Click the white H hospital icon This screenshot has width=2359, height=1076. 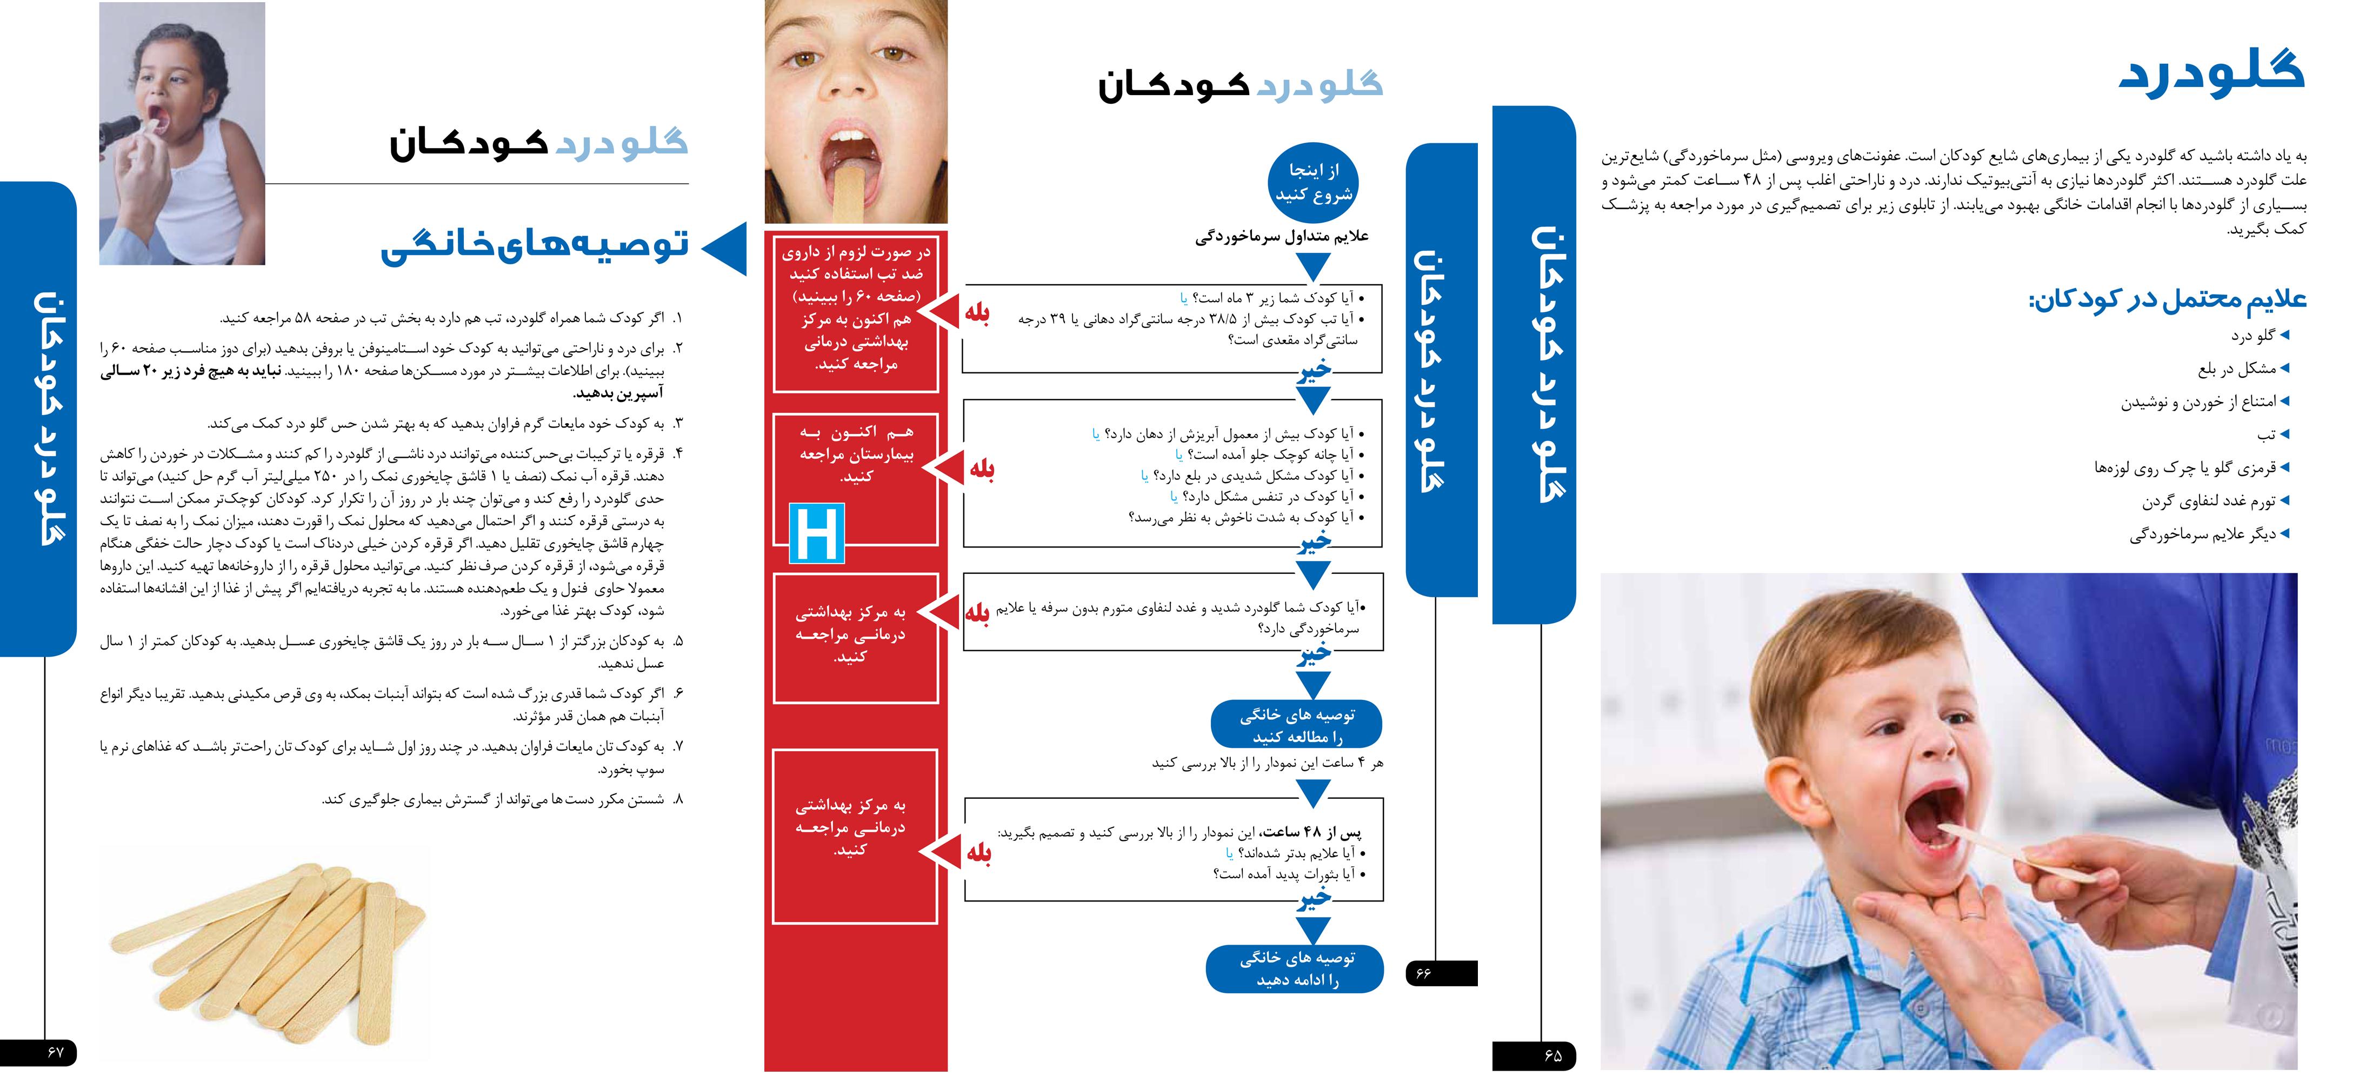[x=816, y=534]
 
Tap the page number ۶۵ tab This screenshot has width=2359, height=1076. [x=1534, y=1055]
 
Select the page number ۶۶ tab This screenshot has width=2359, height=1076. [x=1441, y=973]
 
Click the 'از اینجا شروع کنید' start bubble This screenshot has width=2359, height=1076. [x=1313, y=182]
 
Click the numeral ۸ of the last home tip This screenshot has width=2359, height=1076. [x=678, y=799]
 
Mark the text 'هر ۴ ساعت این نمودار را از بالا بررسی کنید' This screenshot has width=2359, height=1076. [x=1268, y=763]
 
